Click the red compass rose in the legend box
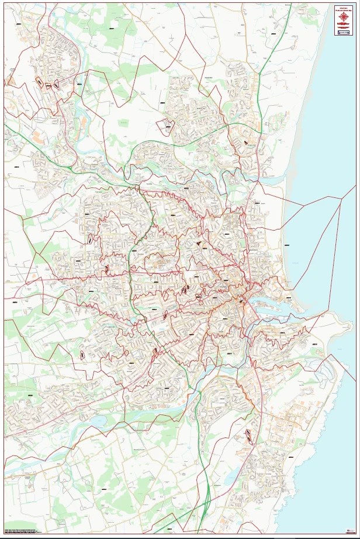click(x=343, y=18)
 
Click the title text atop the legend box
click(x=343, y=8)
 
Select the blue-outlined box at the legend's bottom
click(x=343, y=33)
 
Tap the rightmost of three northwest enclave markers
click(x=57, y=85)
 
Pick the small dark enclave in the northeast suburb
click(x=245, y=142)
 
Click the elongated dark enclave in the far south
click(x=248, y=435)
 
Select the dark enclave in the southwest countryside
click(x=82, y=354)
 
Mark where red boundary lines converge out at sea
click(x=341, y=199)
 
